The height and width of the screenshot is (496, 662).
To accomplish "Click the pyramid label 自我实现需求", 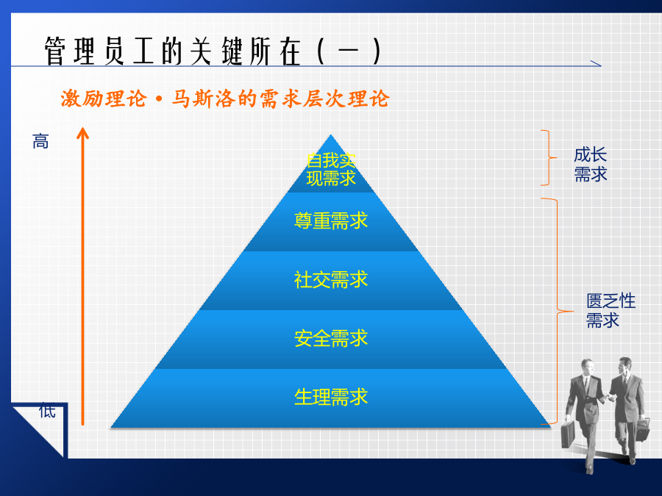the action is coord(331,170).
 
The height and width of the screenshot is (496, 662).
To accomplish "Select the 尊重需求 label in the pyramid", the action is coord(331,220).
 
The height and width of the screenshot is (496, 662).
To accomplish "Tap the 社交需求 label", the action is coord(331,280).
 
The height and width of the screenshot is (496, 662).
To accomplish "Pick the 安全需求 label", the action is coord(331,338).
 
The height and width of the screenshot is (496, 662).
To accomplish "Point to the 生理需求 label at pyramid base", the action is coord(331,397).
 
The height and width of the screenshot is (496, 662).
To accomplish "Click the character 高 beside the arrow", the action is coord(40,141).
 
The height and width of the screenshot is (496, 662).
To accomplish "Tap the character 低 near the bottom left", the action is coord(47,410).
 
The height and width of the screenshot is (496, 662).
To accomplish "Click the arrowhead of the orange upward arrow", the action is coord(82,133).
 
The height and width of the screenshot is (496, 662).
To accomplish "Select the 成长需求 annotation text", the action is coord(590,165).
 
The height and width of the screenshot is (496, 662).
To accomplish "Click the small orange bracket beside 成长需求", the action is coord(549,158).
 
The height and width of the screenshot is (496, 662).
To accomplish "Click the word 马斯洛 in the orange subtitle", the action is coord(204,99).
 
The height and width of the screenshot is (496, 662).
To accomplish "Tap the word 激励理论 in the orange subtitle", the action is coord(104,99).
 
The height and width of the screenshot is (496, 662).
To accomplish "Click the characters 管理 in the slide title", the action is coord(70,51).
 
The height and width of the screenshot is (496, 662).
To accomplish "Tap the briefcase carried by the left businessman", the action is coord(569,434).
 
